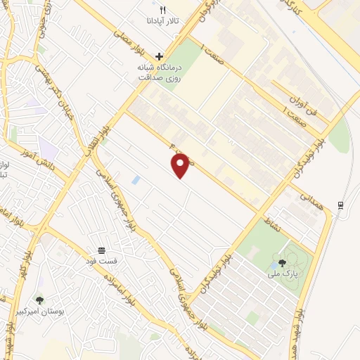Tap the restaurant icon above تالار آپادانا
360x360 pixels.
click(x=163, y=10)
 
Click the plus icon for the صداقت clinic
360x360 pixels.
click(x=159, y=56)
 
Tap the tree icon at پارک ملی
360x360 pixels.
click(x=282, y=262)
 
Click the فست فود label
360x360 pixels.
click(x=103, y=262)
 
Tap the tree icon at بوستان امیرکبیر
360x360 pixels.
click(x=39, y=300)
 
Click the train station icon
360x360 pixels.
click(x=340, y=205)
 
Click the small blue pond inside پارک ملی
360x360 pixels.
click(x=272, y=266)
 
